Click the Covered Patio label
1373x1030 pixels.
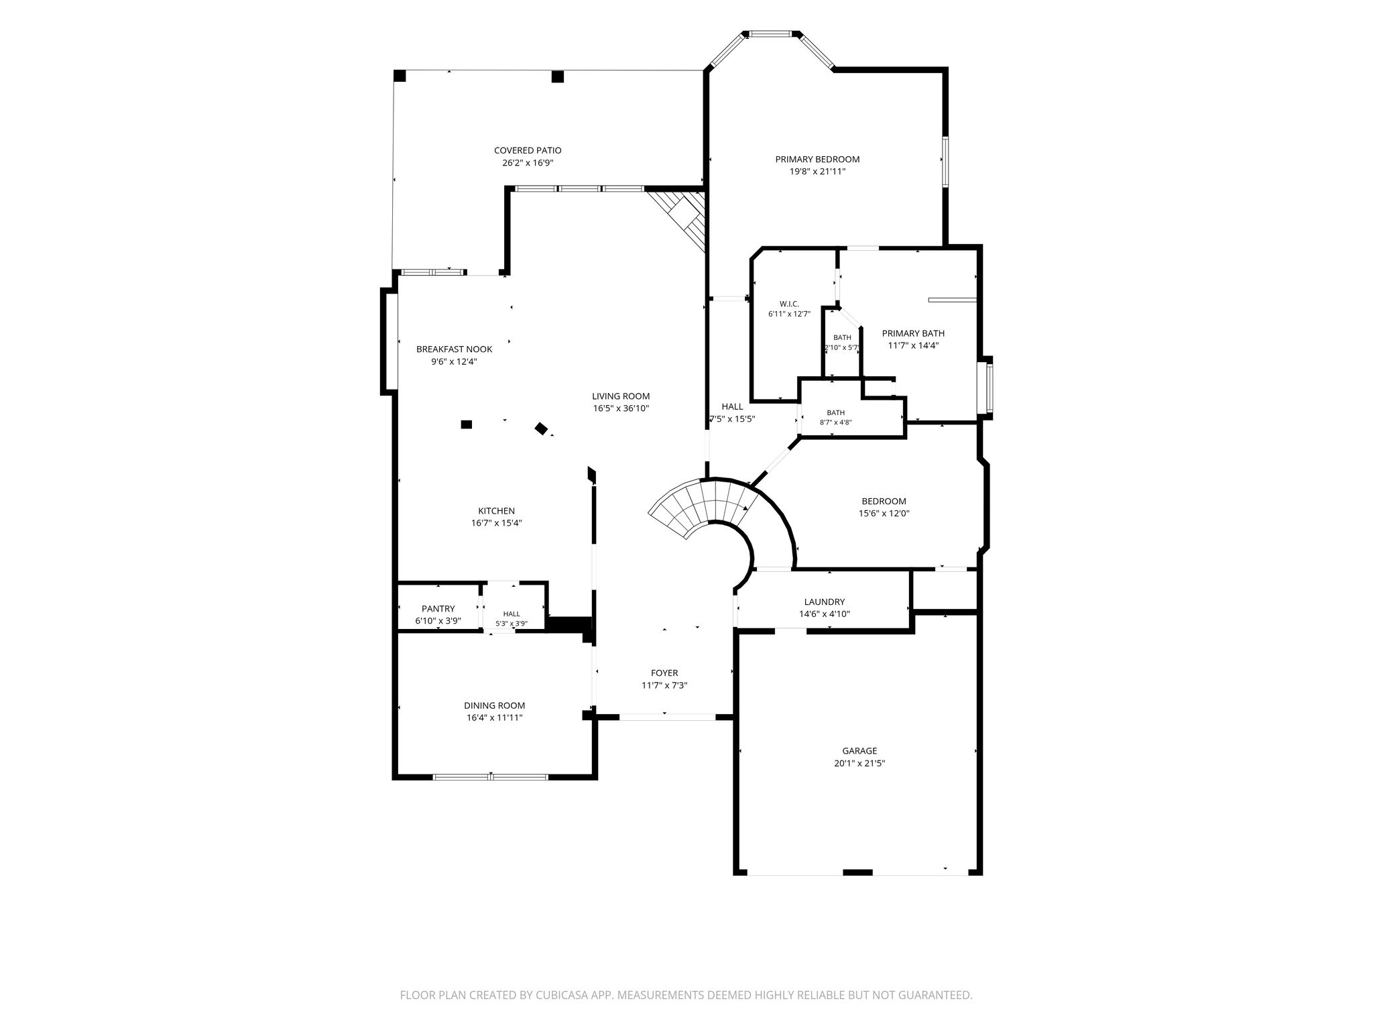pos(528,151)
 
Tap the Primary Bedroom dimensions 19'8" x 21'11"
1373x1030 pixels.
pos(817,172)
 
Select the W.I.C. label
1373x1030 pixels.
pos(789,304)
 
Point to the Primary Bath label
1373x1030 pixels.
pos(913,333)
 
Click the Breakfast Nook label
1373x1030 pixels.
pos(454,349)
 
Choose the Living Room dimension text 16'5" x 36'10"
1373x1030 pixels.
pos(621,408)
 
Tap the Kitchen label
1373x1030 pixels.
pos(496,511)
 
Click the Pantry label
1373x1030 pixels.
pos(438,609)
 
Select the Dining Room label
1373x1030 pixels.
pos(495,705)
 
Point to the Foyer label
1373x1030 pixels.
pos(664,673)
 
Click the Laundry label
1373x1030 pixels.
pos(825,602)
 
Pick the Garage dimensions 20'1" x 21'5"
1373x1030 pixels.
pos(859,763)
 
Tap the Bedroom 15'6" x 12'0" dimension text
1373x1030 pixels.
pos(884,514)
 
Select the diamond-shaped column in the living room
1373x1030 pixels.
pos(541,428)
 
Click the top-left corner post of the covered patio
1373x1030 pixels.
pos(400,76)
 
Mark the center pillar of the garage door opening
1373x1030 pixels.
pos(857,872)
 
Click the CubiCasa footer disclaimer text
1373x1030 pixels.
pos(686,995)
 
